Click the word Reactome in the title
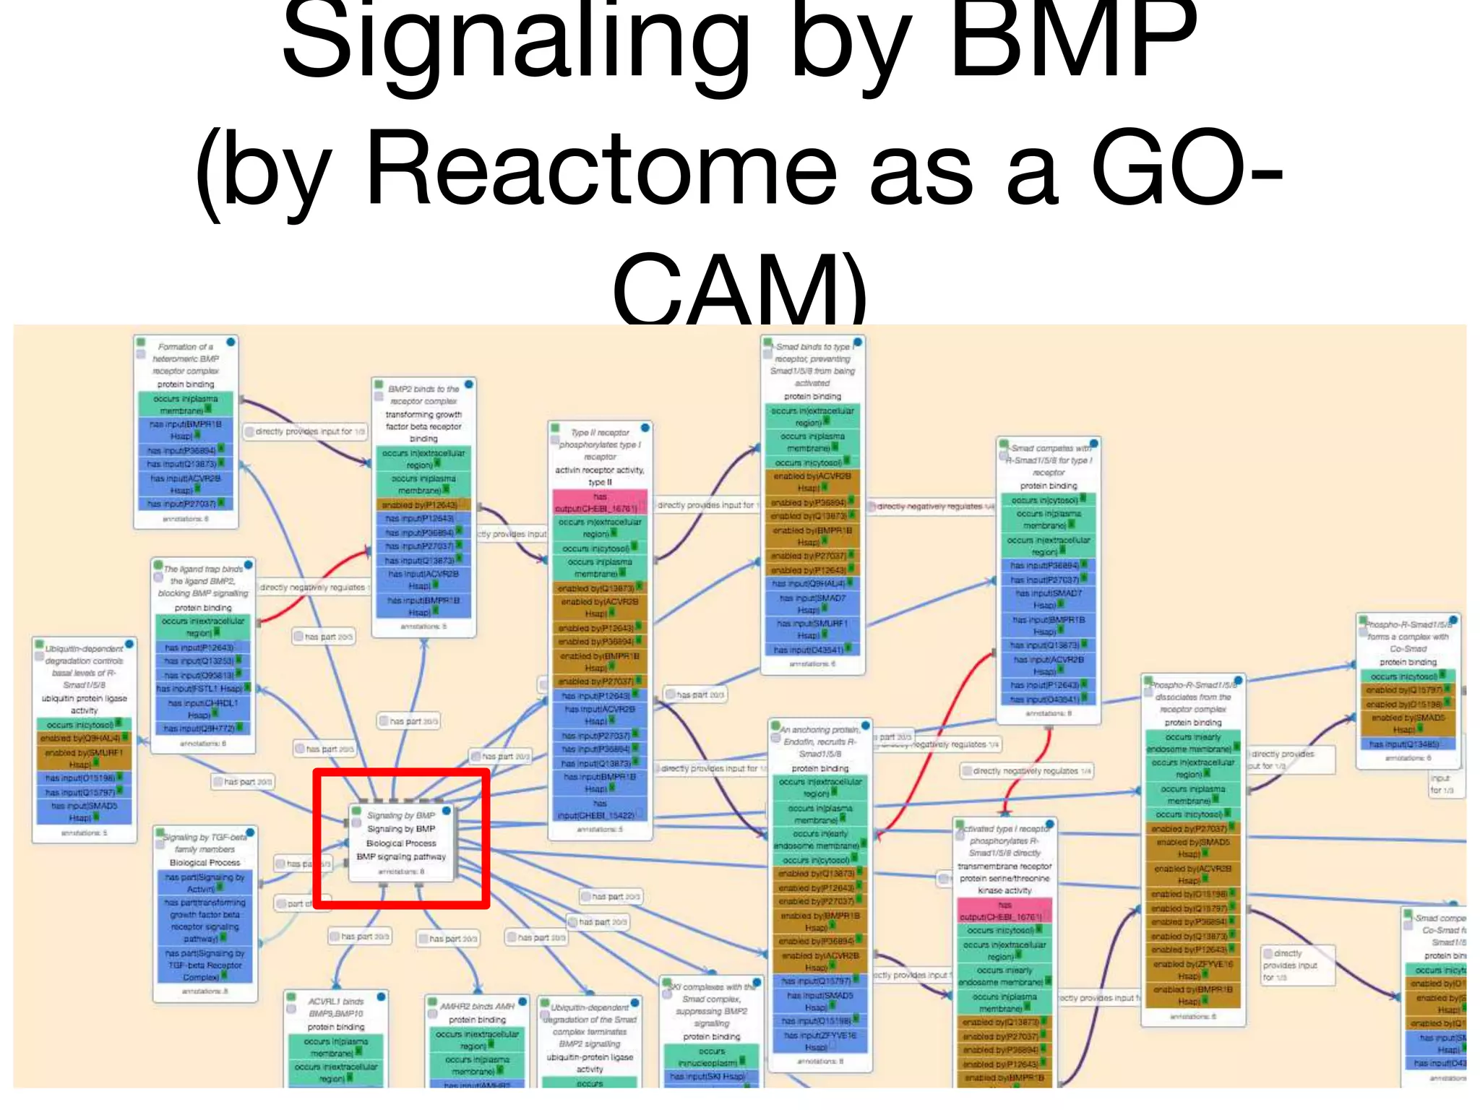coord(600,170)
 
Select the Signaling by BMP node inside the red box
coord(401,842)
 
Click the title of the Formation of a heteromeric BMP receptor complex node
coord(186,358)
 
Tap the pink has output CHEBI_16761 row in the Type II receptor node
coord(599,502)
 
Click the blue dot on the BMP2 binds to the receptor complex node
coord(468,384)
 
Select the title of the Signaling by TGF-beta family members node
coord(205,843)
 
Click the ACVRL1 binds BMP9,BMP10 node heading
coord(336,1007)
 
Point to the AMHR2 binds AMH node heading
coord(477,1006)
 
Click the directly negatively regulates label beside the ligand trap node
coord(312,588)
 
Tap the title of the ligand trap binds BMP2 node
coord(203,581)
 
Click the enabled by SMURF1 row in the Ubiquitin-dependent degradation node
coord(84,758)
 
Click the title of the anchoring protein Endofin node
coord(820,742)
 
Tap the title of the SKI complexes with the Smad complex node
coord(712,1004)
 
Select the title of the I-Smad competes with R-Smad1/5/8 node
coord(1049,460)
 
